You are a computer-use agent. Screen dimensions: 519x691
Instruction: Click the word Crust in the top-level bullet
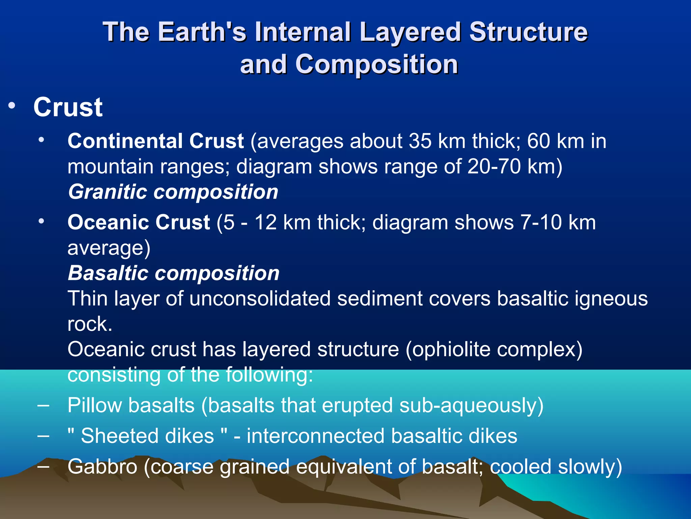coord(68,107)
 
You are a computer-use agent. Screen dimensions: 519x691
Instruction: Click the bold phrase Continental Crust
coord(156,141)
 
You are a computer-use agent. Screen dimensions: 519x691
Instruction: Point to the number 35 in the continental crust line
coord(420,141)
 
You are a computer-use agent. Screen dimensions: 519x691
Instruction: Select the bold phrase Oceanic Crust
coord(139,222)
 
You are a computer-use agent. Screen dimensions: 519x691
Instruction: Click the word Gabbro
coord(102,467)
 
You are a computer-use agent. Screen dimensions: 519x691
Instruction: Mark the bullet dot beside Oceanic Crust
coord(41,222)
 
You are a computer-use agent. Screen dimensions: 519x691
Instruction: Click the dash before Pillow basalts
coord(43,405)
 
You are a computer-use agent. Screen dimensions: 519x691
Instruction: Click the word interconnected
coord(315,436)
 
